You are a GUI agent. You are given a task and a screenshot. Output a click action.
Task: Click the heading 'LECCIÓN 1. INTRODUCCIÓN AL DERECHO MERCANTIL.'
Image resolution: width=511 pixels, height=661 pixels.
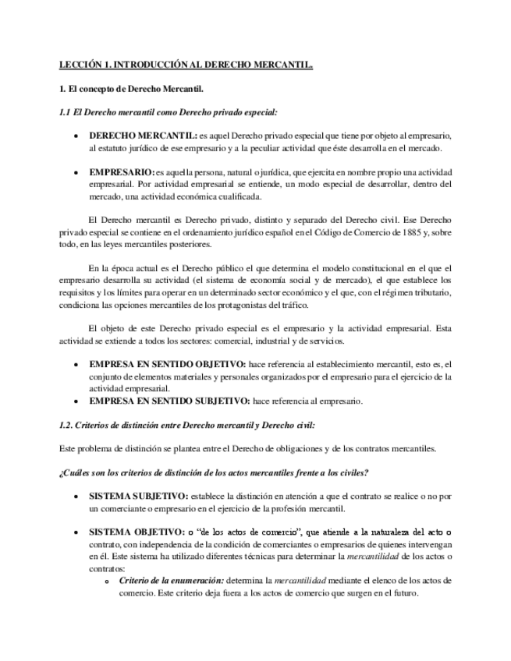point(186,67)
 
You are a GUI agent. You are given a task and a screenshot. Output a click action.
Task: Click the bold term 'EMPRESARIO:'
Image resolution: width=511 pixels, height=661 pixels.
point(121,171)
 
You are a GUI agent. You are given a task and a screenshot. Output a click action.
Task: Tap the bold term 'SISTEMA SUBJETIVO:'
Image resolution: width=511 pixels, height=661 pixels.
point(139,496)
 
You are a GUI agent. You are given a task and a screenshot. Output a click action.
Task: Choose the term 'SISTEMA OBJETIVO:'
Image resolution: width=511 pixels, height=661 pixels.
point(137,532)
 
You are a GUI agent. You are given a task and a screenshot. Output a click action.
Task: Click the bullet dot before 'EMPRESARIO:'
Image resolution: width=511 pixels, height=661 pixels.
point(75,171)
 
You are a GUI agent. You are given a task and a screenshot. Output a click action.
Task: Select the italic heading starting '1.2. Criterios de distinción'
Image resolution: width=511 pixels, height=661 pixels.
point(187,425)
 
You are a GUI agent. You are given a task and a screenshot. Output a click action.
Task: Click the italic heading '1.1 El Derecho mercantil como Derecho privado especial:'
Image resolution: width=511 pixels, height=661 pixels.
point(168,112)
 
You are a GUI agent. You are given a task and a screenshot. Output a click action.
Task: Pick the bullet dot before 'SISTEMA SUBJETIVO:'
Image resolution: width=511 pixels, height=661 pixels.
point(75,497)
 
